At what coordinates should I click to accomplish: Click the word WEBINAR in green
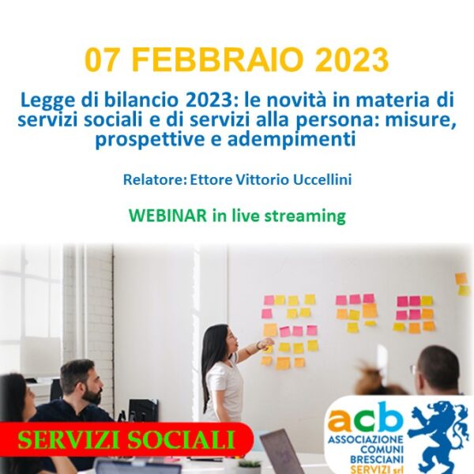point(167,216)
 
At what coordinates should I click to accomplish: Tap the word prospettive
point(149,140)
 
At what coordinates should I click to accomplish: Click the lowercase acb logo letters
point(366,417)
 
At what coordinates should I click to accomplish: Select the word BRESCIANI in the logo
point(376,460)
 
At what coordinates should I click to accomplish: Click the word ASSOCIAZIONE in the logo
point(366,439)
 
